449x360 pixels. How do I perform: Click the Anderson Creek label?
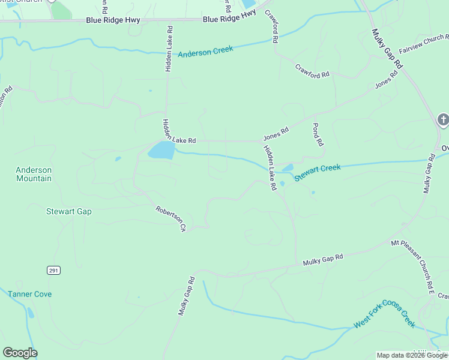[205, 53]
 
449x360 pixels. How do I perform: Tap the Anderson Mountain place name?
[34, 174]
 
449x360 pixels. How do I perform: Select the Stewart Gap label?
[69, 211]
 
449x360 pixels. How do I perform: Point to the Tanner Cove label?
[30, 294]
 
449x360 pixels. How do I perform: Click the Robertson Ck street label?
[172, 219]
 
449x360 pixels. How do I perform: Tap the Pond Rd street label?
[318, 135]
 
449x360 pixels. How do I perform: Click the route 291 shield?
[53, 271]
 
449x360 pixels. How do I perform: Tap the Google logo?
[20, 353]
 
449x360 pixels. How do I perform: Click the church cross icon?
[443, 120]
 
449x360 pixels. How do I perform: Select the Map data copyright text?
[411, 355]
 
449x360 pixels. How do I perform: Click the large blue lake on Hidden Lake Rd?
[161, 150]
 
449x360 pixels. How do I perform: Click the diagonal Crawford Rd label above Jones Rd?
[312, 70]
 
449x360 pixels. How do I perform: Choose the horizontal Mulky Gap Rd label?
[322, 260]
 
